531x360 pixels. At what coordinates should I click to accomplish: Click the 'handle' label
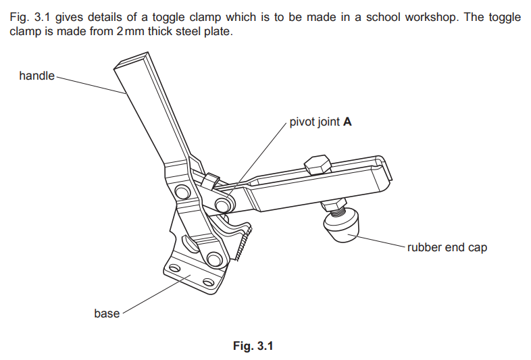36,76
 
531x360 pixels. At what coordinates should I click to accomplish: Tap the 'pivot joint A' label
320,123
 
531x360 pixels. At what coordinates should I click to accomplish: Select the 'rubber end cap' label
447,247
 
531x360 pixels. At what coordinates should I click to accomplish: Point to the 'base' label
107,313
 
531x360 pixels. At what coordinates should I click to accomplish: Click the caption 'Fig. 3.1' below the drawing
253,346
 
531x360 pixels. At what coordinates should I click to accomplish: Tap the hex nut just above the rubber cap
334,204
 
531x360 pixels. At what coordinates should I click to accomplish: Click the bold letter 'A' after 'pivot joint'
347,123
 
